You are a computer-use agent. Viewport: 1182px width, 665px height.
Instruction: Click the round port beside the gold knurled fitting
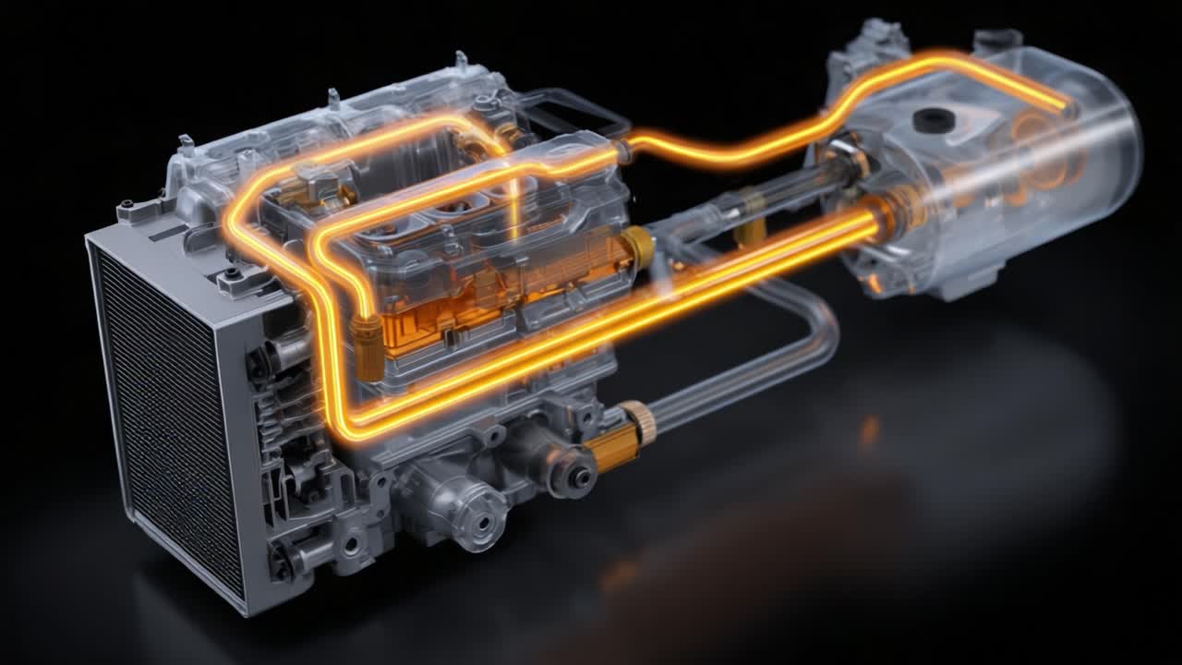click(x=577, y=477)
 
